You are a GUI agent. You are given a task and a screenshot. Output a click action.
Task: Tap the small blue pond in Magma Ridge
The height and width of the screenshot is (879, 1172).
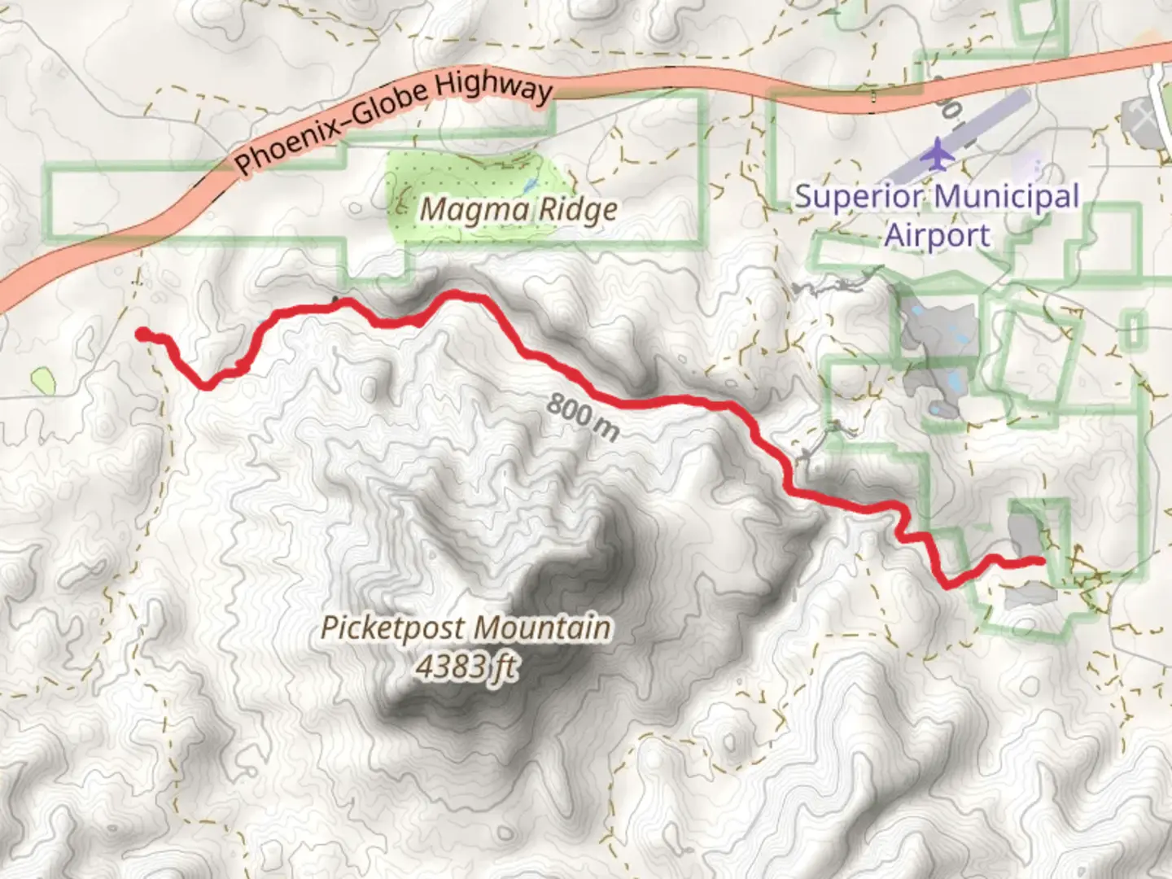530,186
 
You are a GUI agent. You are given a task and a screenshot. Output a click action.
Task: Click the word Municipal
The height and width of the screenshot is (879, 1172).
1007,198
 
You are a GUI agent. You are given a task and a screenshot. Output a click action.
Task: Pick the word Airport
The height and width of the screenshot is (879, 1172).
938,235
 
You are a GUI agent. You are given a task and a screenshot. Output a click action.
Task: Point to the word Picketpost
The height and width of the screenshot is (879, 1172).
394,628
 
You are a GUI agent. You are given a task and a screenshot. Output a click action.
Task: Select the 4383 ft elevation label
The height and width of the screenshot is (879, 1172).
466,667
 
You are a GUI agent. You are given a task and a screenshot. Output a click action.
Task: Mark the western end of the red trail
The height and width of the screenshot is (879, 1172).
142,333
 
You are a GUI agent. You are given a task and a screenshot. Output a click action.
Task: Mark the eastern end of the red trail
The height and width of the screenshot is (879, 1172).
1041,560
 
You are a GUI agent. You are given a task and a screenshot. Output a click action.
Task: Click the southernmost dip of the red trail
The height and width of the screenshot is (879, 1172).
947,584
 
